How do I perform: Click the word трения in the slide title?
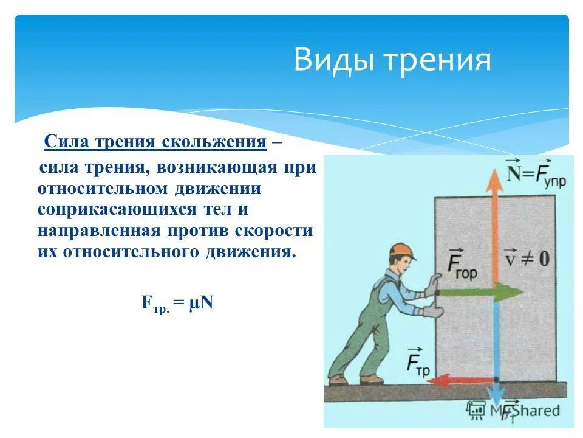pyautogui.click(x=431, y=61)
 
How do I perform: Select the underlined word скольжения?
pyautogui.click(x=214, y=142)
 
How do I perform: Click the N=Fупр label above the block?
pyautogui.click(x=536, y=173)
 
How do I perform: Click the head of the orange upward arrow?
pyautogui.click(x=495, y=181)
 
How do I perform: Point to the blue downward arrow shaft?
pyautogui.click(x=496, y=341)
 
